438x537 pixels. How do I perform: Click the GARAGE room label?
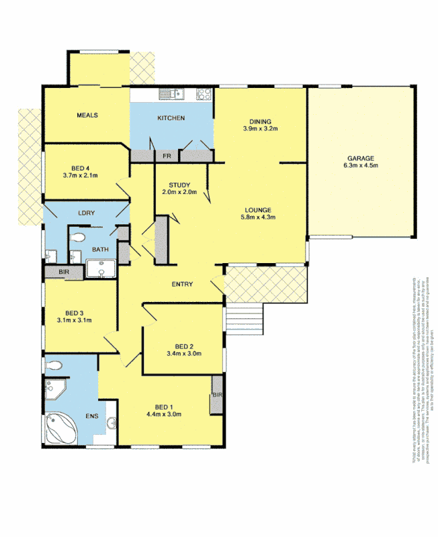pos(361,159)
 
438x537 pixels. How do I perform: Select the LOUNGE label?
pos(259,209)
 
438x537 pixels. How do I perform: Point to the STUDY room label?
pos(180,185)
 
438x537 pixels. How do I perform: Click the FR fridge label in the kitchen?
pos(167,156)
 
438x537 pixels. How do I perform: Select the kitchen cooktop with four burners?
pos(204,95)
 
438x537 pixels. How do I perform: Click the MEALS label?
pos(87,115)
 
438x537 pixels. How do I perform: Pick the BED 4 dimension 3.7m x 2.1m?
pos(81,176)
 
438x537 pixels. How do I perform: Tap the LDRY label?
pos(85,213)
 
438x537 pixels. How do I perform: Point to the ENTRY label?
pos(181,285)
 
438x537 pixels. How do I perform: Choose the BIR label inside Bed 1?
pos(217,395)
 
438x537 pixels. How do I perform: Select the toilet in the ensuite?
pos(55,365)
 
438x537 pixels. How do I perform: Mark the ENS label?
pos(91,416)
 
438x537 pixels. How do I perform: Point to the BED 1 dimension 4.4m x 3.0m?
pos(164,414)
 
